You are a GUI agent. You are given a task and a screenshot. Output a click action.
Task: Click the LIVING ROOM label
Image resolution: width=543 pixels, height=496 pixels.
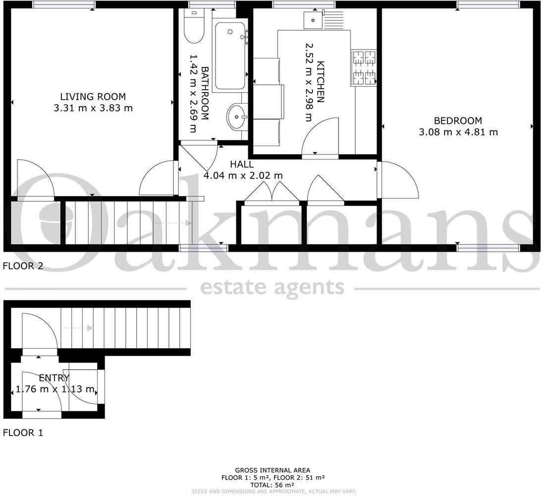(x=93, y=97)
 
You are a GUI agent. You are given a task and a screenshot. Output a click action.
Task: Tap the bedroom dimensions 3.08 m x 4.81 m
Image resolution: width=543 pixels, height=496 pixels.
(x=458, y=132)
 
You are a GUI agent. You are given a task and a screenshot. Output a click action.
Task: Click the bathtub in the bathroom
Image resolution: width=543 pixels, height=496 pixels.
(x=230, y=55)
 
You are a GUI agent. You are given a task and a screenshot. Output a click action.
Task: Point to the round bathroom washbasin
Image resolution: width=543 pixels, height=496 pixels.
(x=237, y=117)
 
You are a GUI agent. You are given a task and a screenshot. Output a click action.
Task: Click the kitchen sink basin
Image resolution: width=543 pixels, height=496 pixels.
(x=313, y=20)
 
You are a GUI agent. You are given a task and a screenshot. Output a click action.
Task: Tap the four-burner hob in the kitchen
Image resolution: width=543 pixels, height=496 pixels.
(x=364, y=68)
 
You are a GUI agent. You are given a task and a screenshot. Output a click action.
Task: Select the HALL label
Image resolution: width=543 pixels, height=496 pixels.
(x=242, y=165)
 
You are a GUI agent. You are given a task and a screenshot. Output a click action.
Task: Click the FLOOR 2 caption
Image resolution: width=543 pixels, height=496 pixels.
(x=23, y=266)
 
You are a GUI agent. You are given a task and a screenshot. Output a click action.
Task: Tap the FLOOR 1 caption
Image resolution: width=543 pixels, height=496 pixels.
(x=23, y=433)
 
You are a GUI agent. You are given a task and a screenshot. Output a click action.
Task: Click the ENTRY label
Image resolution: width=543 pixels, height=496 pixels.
(x=54, y=378)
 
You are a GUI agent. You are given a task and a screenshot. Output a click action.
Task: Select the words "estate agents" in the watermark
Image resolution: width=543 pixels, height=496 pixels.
(x=271, y=287)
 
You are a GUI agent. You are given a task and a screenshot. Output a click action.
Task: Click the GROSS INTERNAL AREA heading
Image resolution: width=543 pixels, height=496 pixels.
(x=272, y=470)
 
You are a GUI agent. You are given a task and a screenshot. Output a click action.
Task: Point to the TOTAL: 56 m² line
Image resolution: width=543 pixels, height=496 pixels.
(x=272, y=485)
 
